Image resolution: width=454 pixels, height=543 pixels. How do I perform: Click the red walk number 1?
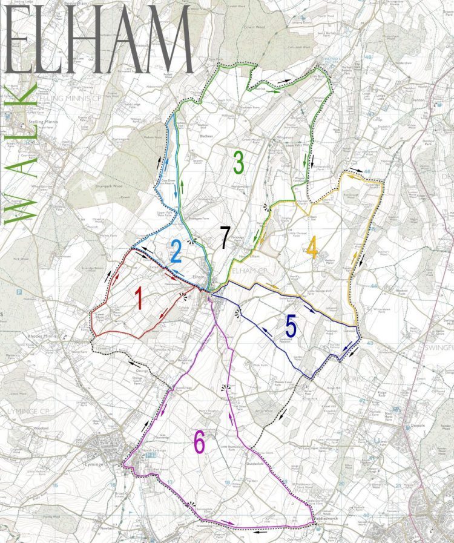point(139,299)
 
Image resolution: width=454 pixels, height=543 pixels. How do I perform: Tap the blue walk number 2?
point(176,251)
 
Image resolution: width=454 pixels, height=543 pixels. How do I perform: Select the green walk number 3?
point(239,162)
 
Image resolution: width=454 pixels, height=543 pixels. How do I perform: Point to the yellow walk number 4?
point(312,247)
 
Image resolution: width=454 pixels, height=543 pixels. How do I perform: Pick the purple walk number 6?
point(199,444)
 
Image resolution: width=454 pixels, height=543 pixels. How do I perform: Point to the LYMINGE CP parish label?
point(27,412)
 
